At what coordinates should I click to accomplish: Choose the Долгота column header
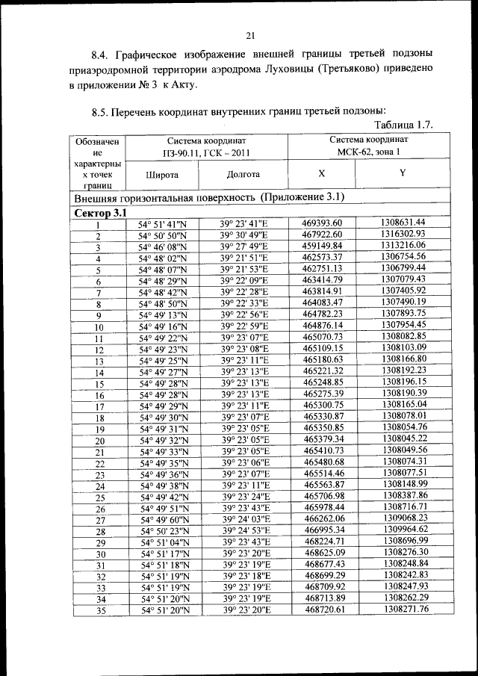pos(242,174)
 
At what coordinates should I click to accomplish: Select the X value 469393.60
pos(322,223)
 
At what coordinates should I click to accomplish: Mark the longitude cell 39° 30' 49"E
pos(243,235)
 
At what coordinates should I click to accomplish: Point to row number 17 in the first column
pos(98,407)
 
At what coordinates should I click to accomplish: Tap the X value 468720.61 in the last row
pos(322,610)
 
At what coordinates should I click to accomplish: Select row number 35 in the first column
pos(98,611)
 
